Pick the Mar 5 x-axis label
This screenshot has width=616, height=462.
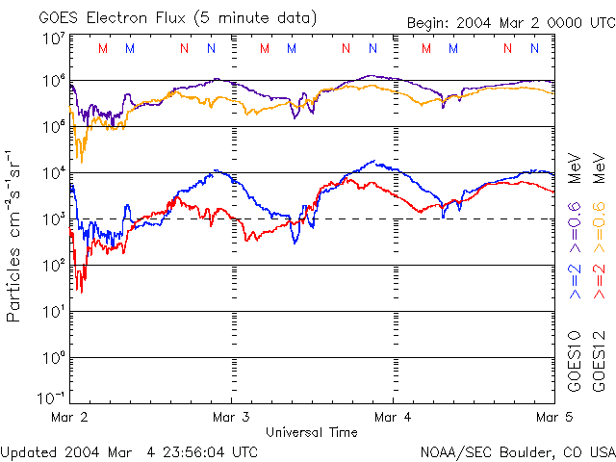point(550,418)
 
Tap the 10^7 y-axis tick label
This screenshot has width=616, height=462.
point(52,38)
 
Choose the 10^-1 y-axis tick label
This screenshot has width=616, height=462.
point(50,398)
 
